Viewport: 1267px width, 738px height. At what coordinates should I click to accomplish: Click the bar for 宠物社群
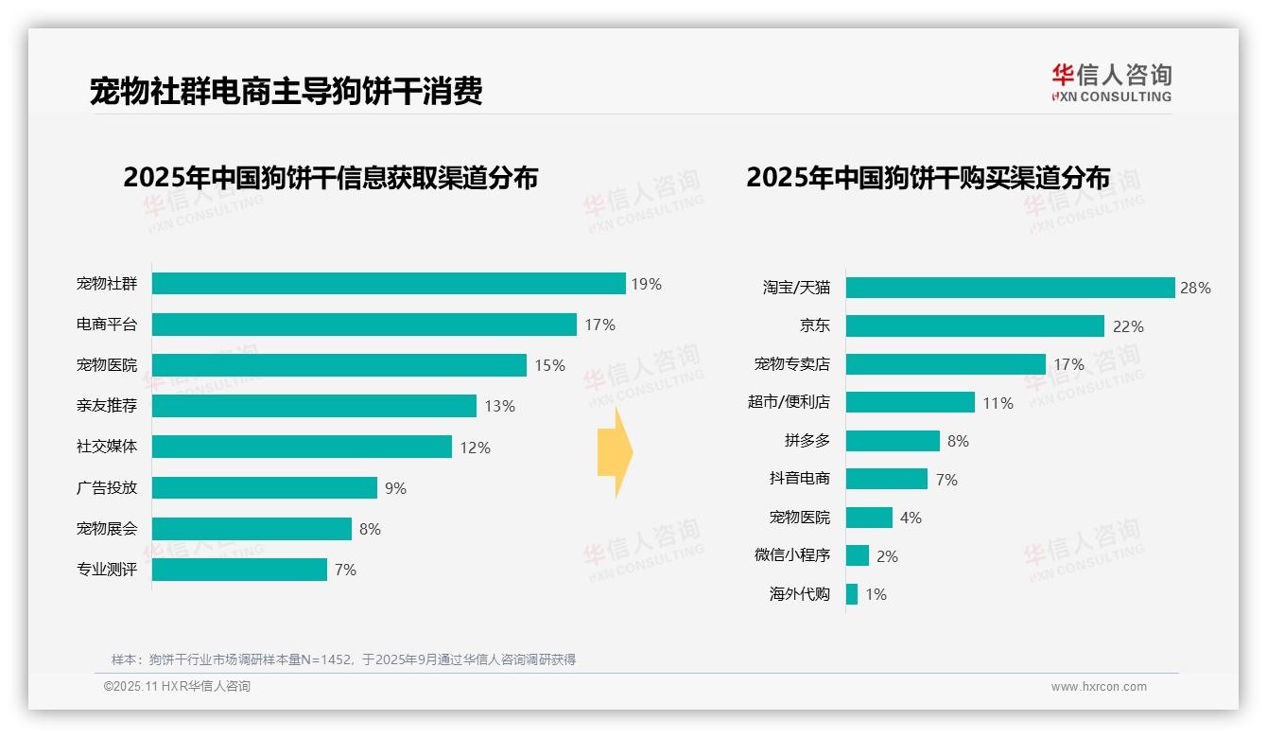click(x=389, y=284)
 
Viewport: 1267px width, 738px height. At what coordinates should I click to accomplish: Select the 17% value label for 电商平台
click(x=599, y=325)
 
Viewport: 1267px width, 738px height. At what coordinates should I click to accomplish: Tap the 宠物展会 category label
click(x=107, y=529)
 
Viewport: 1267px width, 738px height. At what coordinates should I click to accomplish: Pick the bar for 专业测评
click(x=239, y=570)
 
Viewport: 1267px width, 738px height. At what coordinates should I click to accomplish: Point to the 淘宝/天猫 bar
click(x=1010, y=288)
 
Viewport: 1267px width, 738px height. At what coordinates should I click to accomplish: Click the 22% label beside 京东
click(x=1128, y=326)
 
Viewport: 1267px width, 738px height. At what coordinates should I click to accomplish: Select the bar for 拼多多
click(x=893, y=441)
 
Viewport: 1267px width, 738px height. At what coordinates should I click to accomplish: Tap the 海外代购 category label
click(x=800, y=594)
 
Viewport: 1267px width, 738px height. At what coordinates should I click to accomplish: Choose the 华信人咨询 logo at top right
click(x=1111, y=82)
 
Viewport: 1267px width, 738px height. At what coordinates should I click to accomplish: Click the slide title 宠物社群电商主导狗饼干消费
click(x=286, y=91)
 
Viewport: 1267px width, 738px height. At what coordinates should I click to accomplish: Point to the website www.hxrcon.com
click(x=1099, y=686)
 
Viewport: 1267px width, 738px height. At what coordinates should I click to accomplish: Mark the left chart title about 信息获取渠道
click(x=330, y=177)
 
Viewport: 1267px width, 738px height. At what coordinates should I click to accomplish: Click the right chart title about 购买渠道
click(x=928, y=177)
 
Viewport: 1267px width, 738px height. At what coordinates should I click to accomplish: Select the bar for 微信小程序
click(x=858, y=555)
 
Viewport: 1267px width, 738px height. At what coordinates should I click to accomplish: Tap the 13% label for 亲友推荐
click(x=499, y=406)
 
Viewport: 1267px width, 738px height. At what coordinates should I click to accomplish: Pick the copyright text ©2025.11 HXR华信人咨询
click(x=177, y=686)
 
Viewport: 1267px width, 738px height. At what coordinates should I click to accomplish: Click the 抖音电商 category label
click(x=800, y=479)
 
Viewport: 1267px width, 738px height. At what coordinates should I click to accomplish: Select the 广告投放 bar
click(x=265, y=488)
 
